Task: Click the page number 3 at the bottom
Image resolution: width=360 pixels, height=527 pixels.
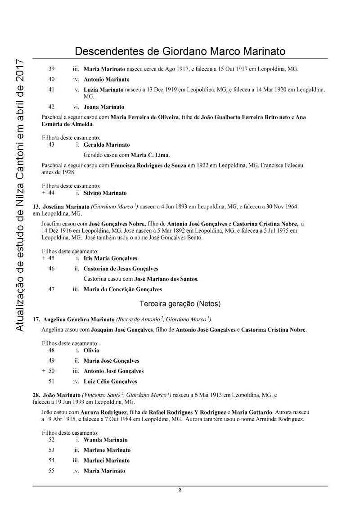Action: click(x=180, y=490)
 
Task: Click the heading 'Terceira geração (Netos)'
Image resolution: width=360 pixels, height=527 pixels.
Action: click(x=180, y=304)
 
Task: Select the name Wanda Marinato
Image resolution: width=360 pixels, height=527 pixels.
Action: click(x=105, y=440)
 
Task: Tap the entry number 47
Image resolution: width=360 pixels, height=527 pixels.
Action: click(x=51, y=289)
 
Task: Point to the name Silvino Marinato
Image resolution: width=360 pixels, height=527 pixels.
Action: click(x=105, y=193)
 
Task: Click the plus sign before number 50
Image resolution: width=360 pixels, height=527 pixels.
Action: click(x=43, y=371)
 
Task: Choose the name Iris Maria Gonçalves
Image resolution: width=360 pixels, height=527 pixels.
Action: click(x=110, y=258)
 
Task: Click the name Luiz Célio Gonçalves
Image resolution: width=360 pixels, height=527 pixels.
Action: click(x=110, y=382)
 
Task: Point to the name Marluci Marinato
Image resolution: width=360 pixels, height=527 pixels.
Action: click(x=106, y=460)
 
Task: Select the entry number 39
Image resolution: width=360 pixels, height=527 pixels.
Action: click(x=51, y=69)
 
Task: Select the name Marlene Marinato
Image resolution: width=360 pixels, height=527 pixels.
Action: click(x=107, y=450)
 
